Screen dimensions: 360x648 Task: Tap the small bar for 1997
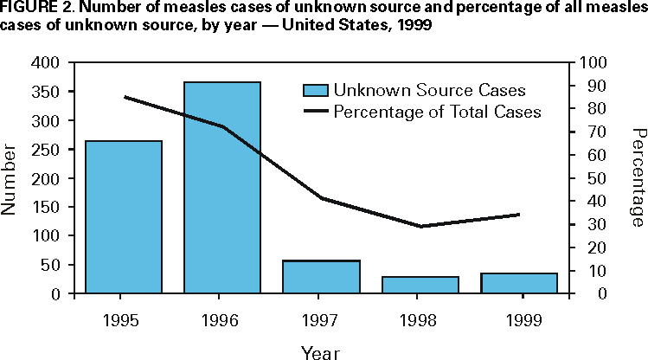click(x=322, y=277)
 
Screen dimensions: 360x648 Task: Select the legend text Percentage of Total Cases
click(x=437, y=112)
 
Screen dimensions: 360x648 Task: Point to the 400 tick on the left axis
click(x=48, y=63)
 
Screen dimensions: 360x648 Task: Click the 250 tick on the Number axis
click(x=48, y=150)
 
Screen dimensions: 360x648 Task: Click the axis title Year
click(x=320, y=351)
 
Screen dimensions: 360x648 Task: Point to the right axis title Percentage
click(x=638, y=178)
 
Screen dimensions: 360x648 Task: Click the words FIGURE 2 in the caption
click(x=29, y=10)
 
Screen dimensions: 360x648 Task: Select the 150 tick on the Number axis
click(x=48, y=207)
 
